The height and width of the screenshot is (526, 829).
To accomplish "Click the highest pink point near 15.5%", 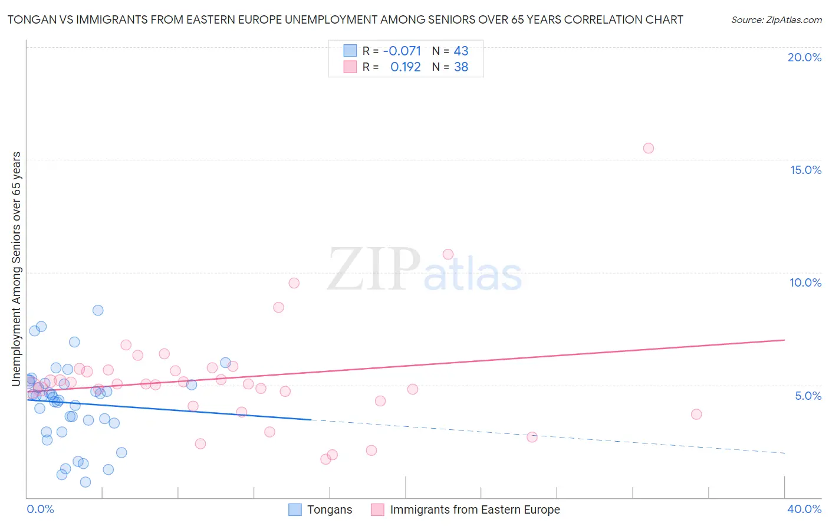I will click(x=648, y=148).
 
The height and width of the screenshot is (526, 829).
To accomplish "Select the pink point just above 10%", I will click(x=448, y=254).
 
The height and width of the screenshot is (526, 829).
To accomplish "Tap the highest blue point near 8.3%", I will click(x=98, y=310).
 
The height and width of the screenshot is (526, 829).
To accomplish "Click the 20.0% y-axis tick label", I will click(x=804, y=57).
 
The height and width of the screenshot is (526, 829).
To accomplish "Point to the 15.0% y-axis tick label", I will click(x=805, y=170).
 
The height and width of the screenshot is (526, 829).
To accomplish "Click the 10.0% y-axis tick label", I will click(x=805, y=282).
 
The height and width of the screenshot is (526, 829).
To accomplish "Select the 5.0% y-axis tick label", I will click(x=808, y=396).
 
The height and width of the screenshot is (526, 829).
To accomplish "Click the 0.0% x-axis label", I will click(x=40, y=509).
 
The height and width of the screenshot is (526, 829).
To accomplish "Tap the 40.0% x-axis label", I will click(x=804, y=509).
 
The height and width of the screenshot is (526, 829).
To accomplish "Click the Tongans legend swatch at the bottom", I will click(x=295, y=509).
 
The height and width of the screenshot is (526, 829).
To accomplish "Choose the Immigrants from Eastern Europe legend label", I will click(x=475, y=509).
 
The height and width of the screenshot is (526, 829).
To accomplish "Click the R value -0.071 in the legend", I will click(x=402, y=51).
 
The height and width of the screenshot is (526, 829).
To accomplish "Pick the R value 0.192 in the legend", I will click(x=405, y=67).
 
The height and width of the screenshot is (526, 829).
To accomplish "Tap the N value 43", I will click(x=460, y=51).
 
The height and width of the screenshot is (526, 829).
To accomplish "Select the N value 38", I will click(x=460, y=67).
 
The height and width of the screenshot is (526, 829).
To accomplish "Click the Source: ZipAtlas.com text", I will click(x=776, y=20).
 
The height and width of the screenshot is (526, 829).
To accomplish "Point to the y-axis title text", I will click(x=17, y=269).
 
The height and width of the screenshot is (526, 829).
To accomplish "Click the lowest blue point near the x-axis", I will click(x=85, y=482).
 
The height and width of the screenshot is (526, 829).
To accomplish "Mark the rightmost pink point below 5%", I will click(x=696, y=414).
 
